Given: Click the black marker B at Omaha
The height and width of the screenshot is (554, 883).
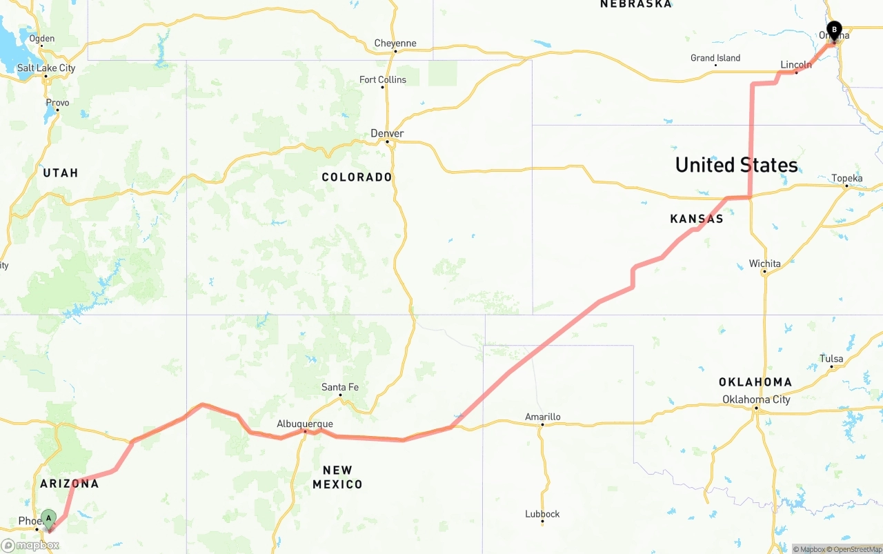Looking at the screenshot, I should click(834, 31).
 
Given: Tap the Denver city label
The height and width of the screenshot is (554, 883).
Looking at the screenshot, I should click(387, 133).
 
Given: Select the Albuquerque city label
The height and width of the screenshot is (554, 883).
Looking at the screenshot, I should click(305, 424).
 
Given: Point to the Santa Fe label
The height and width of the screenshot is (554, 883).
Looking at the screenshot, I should click(340, 387).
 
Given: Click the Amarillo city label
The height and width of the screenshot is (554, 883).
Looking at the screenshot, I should click(543, 417).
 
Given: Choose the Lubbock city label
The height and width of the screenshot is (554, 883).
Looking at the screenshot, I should click(542, 514).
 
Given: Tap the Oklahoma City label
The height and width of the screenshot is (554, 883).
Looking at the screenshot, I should click(756, 399).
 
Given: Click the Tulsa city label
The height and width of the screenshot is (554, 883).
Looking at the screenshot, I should click(831, 359).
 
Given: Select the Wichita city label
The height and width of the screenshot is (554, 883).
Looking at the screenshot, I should click(765, 264).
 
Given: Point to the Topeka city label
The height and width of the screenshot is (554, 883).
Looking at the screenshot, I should click(847, 178).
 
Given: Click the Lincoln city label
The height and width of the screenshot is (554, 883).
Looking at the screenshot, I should click(796, 65).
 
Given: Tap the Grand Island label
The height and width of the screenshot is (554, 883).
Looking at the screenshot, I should click(715, 58).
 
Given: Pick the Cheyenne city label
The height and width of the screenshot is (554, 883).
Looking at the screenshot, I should click(395, 43).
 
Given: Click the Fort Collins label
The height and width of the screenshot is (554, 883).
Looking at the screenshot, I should click(383, 79).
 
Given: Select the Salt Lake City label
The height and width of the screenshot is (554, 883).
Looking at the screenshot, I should click(46, 68).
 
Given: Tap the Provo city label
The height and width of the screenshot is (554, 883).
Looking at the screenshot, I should click(57, 103).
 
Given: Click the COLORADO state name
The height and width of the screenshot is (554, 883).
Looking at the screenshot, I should click(357, 177).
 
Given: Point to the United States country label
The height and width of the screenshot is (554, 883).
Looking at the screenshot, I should click(736, 165).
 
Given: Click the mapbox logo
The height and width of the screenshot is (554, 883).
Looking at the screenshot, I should click(30, 545).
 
